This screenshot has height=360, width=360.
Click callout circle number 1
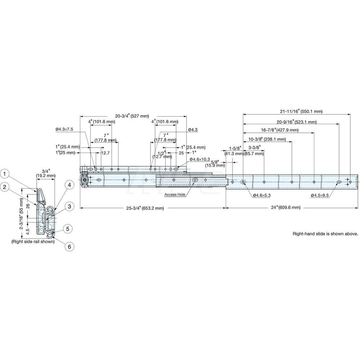[5, 174]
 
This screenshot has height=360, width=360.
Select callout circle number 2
[5, 186]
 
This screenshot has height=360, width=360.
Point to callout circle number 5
[67, 228]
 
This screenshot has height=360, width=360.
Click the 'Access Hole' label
[174, 195]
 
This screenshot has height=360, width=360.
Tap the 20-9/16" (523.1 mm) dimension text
[296, 122]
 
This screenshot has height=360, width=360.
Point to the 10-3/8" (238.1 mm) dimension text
[267, 139]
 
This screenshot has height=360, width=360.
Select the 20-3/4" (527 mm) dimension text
[132, 116]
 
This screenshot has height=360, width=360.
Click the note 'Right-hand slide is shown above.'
[325, 234]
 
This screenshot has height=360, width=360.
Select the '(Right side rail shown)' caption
[33, 242]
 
